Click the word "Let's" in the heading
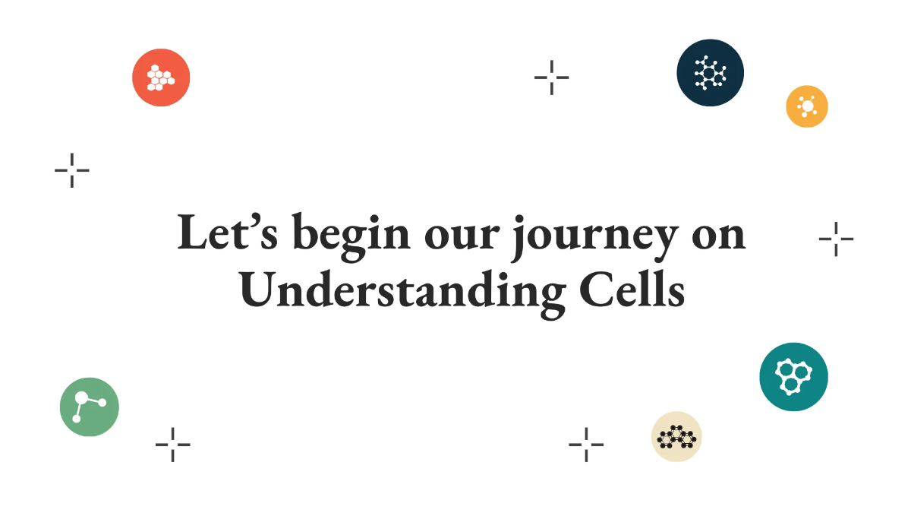click(x=228, y=234)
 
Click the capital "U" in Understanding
click(x=258, y=290)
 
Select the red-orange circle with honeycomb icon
click(x=161, y=78)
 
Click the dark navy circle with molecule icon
click(x=710, y=73)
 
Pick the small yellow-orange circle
click(x=806, y=106)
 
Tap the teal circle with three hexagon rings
click(x=793, y=377)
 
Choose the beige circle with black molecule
click(x=676, y=437)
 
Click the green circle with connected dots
click(x=90, y=407)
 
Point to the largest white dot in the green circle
click(x=81, y=398)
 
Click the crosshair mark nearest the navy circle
click(x=552, y=77)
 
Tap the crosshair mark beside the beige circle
click(x=586, y=444)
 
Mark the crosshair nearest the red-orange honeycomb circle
click(x=72, y=169)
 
